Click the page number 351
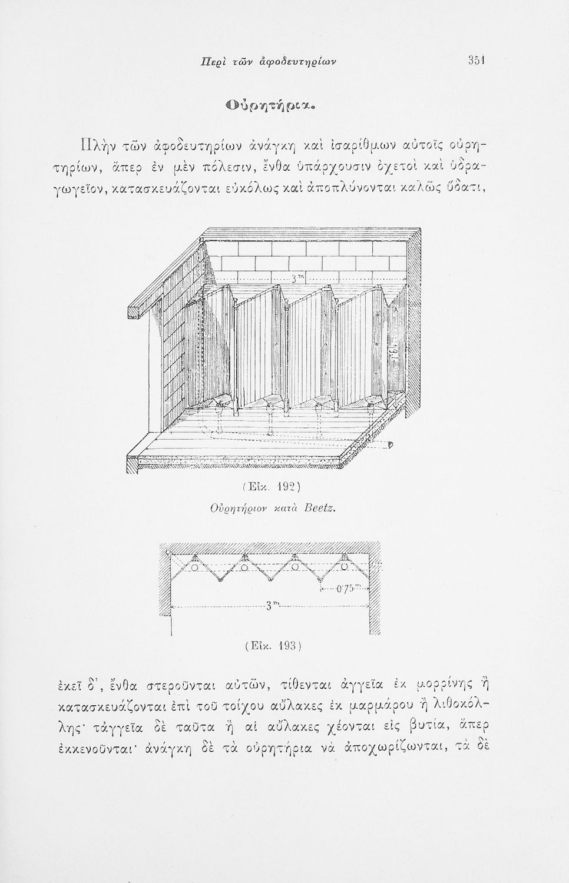(476, 60)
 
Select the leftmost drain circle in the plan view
(194, 566)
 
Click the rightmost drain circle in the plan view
(344, 566)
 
